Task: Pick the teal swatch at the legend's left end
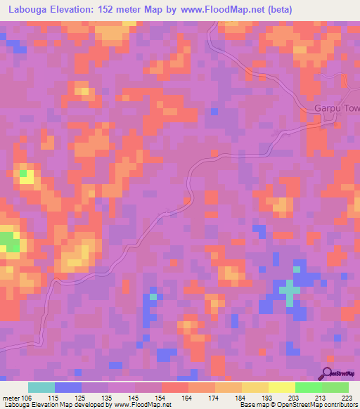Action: (41, 387)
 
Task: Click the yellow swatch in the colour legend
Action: (281, 387)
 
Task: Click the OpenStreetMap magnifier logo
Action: (328, 374)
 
